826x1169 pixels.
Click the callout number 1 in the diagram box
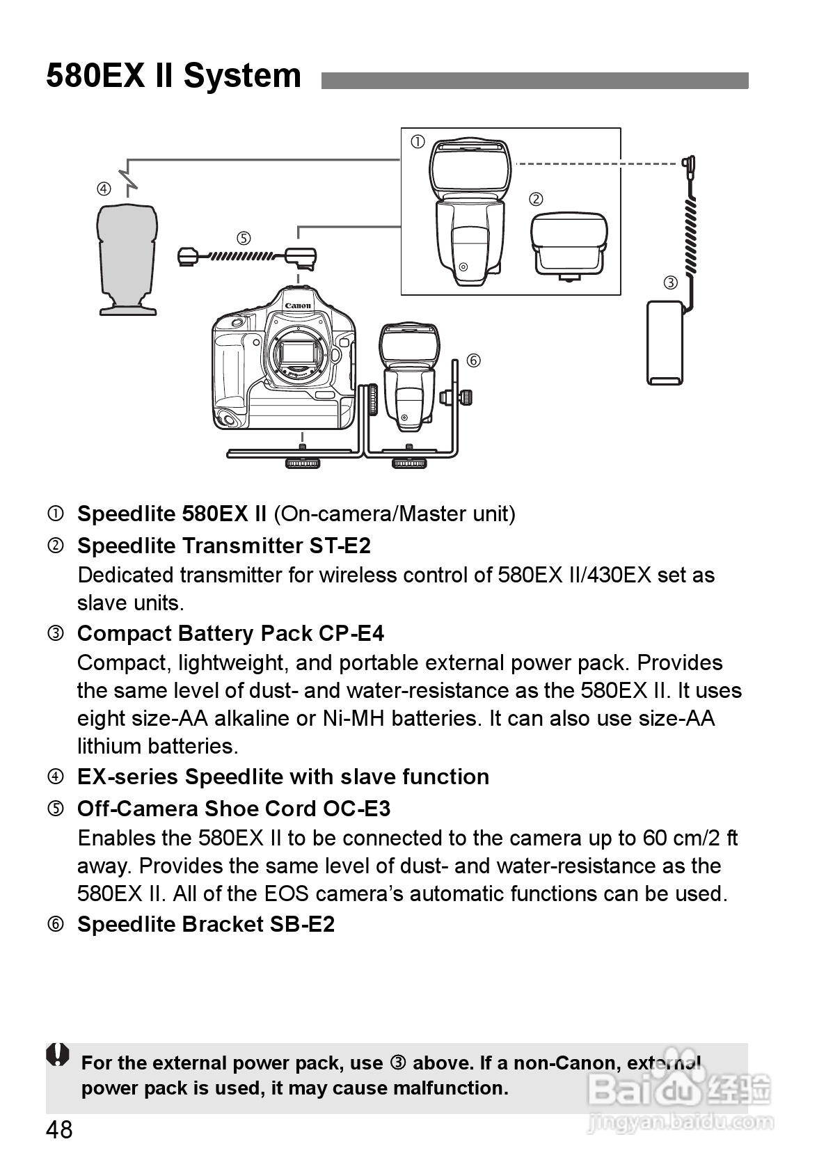(x=418, y=143)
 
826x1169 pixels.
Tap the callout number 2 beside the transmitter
(x=536, y=199)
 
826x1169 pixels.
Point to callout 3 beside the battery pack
(x=670, y=283)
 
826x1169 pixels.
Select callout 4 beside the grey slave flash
(x=104, y=189)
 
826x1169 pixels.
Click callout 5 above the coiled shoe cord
(x=244, y=239)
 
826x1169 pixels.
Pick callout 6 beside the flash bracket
(x=473, y=360)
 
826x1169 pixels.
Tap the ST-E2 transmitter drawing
(x=569, y=245)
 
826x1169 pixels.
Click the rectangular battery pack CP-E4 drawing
(x=665, y=342)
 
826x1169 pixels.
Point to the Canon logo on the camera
(x=298, y=305)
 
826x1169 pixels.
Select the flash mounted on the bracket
(x=409, y=379)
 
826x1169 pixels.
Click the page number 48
(x=59, y=1130)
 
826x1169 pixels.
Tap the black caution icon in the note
(x=58, y=1055)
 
